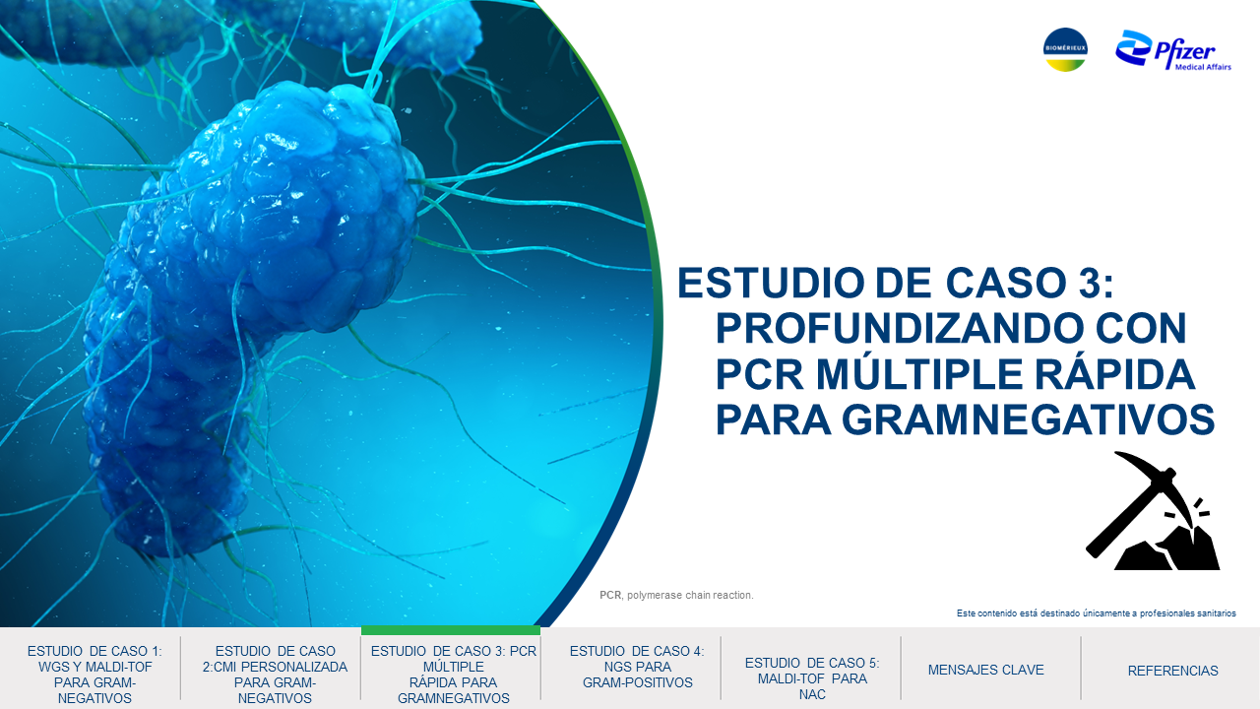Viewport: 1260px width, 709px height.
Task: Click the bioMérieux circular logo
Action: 1065,49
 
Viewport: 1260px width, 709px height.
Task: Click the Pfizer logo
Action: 1173,50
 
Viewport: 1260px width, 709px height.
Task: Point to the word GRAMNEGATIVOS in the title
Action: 1029,419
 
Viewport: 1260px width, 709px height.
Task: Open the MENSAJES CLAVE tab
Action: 986,670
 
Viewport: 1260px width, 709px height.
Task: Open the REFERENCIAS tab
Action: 1172,671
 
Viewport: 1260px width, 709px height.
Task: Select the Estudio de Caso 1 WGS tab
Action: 94,675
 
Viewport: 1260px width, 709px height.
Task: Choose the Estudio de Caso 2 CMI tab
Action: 275,675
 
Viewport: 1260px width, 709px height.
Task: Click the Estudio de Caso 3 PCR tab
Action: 454,675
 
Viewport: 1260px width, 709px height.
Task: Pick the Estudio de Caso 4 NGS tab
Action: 637,667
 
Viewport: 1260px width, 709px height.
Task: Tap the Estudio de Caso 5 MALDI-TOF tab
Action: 812,678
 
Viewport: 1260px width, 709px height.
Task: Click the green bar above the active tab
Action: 451,630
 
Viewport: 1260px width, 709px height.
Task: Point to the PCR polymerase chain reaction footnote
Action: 676,595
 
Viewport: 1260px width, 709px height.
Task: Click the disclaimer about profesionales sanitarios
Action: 1097,612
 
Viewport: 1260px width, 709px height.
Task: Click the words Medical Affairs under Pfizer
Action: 1203,67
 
